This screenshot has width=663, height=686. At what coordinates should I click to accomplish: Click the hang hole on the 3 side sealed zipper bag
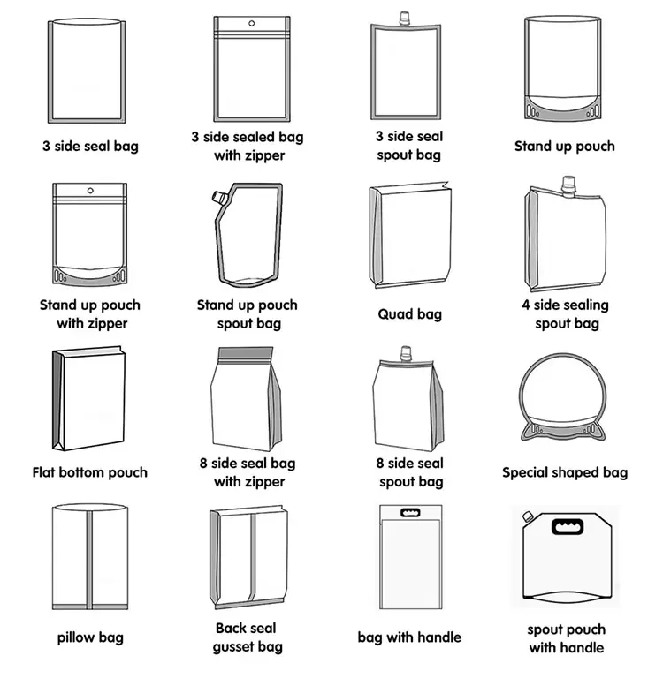point(251,23)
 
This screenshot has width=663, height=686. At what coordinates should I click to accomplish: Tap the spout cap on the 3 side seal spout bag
point(405,19)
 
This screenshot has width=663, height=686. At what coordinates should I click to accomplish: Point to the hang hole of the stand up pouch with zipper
point(90,191)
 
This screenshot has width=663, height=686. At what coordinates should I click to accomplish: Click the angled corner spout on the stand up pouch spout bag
point(218,198)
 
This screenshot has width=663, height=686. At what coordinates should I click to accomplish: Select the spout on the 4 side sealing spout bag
point(568,185)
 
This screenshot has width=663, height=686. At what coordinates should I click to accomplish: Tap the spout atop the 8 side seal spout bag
point(406,354)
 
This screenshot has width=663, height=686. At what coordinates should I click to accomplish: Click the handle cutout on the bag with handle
point(410,512)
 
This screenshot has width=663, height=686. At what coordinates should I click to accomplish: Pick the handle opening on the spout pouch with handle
point(568,526)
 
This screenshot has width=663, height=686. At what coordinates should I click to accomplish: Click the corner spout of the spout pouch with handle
point(527,516)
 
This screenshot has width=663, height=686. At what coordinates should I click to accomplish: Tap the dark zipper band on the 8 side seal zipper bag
point(246,353)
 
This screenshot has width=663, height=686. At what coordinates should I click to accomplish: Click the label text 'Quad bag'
point(410,314)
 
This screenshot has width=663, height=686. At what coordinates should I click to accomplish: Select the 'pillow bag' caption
point(90,637)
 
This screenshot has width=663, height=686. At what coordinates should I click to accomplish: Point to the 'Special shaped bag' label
point(565,472)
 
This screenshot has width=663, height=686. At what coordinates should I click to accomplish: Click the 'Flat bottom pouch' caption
point(90,472)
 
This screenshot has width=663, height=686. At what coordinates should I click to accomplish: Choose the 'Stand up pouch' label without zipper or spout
point(565,147)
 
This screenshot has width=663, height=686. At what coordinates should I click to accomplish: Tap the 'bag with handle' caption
point(409,637)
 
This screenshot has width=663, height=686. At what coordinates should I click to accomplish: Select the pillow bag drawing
point(90,556)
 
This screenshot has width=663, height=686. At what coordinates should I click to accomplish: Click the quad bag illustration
point(410,235)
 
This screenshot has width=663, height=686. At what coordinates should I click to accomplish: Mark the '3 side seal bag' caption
point(90,147)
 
